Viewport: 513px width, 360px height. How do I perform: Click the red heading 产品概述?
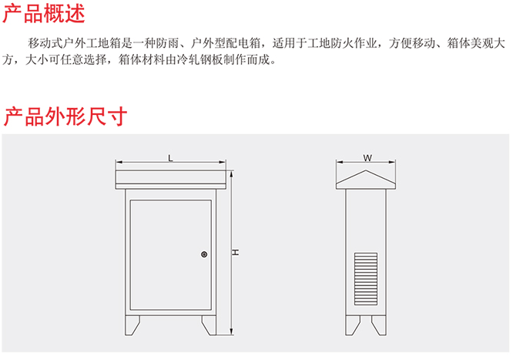(x=43, y=13)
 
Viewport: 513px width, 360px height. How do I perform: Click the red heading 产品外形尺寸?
(x=65, y=116)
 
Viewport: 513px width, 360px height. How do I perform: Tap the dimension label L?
(x=170, y=158)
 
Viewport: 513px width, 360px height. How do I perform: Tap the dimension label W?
(x=367, y=158)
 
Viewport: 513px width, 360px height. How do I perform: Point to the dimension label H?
(x=236, y=252)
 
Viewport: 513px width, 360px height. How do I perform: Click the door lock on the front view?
(x=204, y=254)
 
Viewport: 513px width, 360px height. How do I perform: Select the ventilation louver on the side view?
(x=366, y=279)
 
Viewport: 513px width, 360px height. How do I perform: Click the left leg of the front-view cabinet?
(x=132, y=325)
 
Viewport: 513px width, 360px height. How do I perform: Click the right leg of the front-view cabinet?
(x=210, y=325)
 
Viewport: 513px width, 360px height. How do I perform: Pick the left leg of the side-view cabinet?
(x=352, y=325)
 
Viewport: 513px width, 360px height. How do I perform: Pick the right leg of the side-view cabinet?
(x=380, y=325)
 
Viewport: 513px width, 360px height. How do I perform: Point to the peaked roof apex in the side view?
(x=366, y=170)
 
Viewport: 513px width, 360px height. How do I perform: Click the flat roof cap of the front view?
(x=170, y=180)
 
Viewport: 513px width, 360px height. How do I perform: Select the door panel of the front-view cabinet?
(x=170, y=255)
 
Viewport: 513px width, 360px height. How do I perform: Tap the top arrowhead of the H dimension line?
(x=231, y=173)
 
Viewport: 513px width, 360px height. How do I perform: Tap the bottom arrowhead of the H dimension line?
(x=231, y=331)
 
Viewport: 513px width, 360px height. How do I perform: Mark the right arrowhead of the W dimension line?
(x=392, y=161)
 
